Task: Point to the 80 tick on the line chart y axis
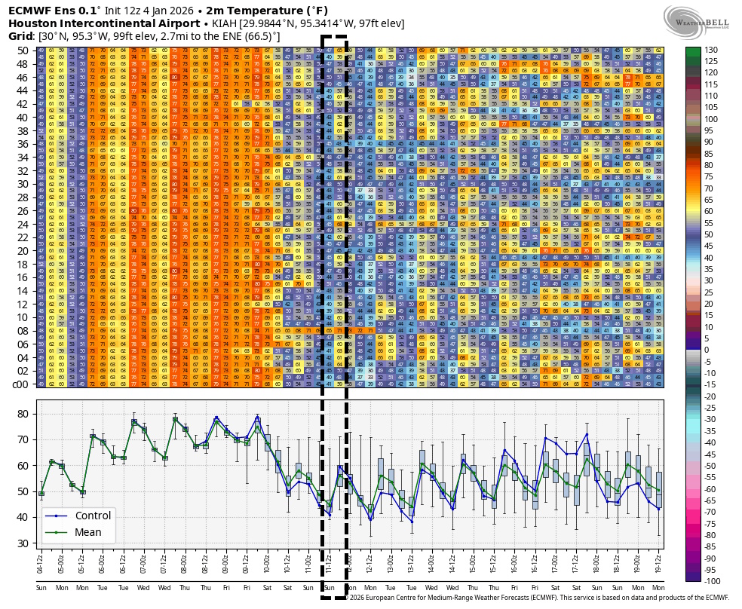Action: coord(22,414)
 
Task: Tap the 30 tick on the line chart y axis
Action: coord(22,543)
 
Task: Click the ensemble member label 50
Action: coord(23,50)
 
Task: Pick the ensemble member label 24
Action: coord(23,224)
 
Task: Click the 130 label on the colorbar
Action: coord(711,50)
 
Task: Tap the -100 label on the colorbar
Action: coord(712,581)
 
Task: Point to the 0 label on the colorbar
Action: coord(707,350)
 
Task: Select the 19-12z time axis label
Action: coord(658,562)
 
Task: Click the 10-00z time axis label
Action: coord(267,562)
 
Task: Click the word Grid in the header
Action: coord(21,36)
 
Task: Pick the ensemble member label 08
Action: coord(23,330)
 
